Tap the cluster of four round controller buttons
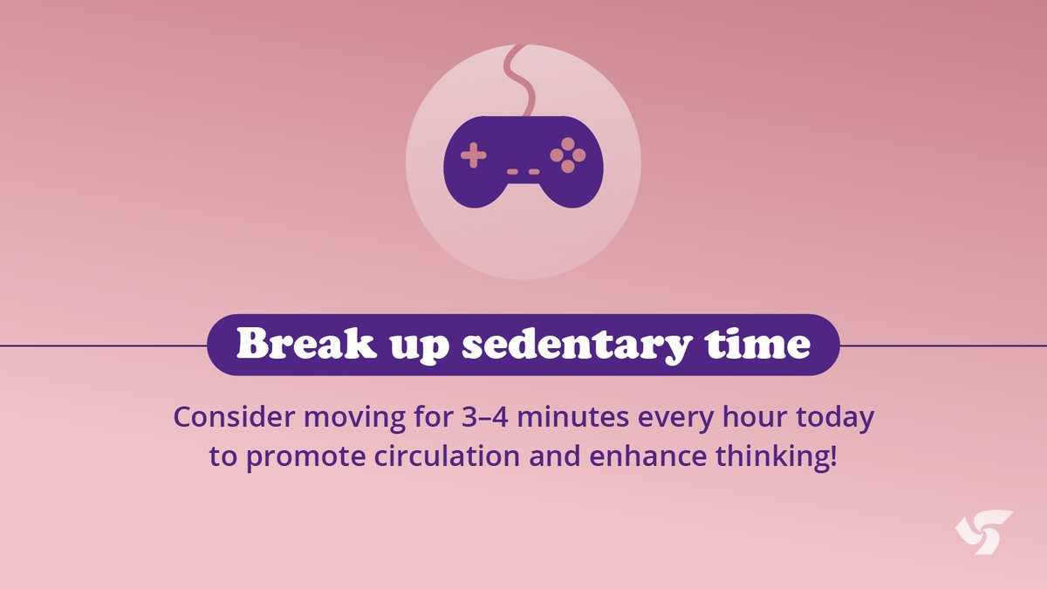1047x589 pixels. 568,154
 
